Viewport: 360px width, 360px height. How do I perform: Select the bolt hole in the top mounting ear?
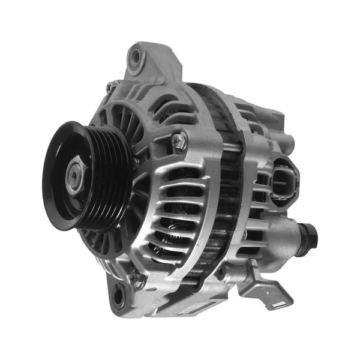(x=136, y=56)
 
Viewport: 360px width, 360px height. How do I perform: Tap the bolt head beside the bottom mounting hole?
(x=139, y=280)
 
